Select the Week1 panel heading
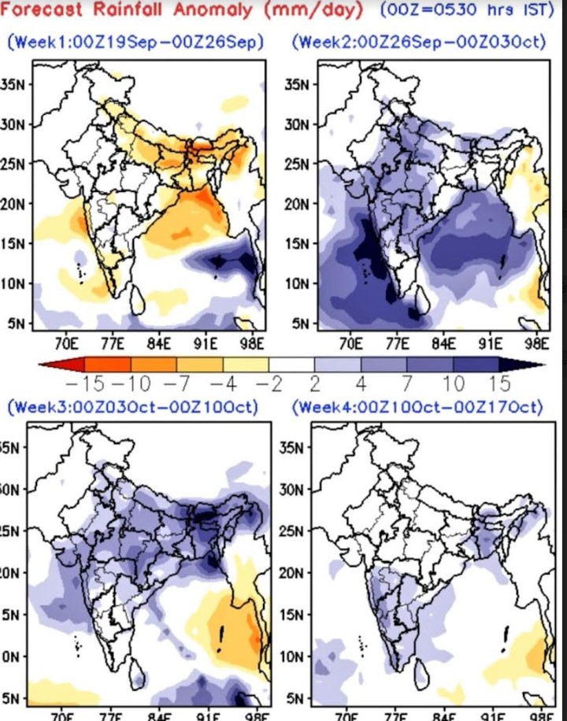tap(135, 41)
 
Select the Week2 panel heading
tap(417, 41)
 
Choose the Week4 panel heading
tap(417, 408)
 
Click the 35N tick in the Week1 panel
tap(16, 83)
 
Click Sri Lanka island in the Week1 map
tap(136, 300)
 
